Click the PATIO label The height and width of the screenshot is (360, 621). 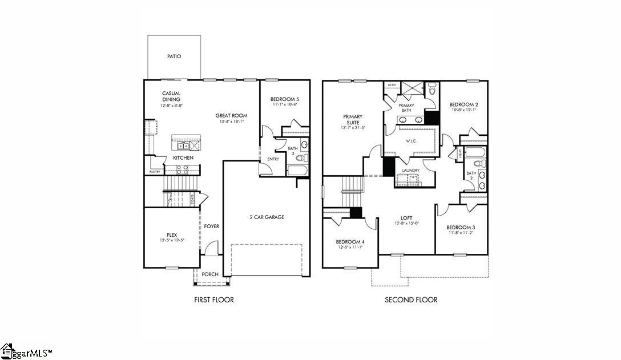pyautogui.click(x=174, y=56)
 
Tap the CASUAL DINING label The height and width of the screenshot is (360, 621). pyautogui.click(x=171, y=96)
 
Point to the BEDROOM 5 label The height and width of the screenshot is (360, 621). pyautogui.click(x=285, y=100)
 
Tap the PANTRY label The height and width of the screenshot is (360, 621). pyautogui.click(x=154, y=171)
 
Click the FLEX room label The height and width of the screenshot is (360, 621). pyautogui.click(x=172, y=234)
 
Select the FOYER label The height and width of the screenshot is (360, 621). pyautogui.click(x=211, y=226)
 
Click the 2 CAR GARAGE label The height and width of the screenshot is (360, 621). pyautogui.click(x=267, y=217)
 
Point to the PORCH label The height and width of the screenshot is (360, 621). pyautogui.click(x=210, y=274)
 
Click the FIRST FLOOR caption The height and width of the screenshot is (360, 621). pyautogui.click(x=214, y=300)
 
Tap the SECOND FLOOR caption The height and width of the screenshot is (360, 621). pyautogui.click(x=411, y=300)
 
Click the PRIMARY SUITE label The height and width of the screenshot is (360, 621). pyautogui.click(x=353, y=120)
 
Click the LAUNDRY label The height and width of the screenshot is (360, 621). pyautogui.click(x=410, y=171)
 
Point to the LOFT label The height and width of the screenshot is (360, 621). pyautogui.click(x=406, y=218)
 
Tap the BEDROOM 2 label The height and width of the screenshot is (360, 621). pyautogui.click(x=463, y=104)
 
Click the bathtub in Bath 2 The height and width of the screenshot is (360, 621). pyautogui.click(x=474, y=152)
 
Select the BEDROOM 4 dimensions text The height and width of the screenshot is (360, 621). pyautogui.click(x=350, y=248)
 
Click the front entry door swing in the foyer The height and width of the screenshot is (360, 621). pyautogui.click(x=212, y=248)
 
